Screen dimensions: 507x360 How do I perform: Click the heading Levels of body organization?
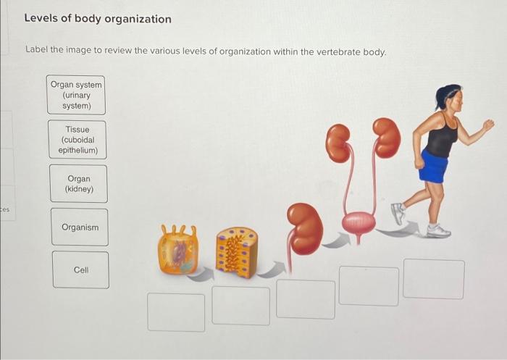pos(98,19)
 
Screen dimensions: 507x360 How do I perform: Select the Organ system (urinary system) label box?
pos(76,95)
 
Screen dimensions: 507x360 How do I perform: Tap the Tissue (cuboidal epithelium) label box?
pos(77,140)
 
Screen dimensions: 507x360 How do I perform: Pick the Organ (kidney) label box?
pos(78,184)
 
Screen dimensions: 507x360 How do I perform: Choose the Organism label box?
pos(80,227)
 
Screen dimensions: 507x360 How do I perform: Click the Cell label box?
pos(80,269)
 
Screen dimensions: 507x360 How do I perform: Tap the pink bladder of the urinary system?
pos(358,222)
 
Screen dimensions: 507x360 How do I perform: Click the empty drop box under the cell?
pos(176,311)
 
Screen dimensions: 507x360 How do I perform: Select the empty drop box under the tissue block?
pos(240,306)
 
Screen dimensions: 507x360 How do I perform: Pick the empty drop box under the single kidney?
pos(305,298)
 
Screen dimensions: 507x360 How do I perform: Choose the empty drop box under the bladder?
pos(369,286)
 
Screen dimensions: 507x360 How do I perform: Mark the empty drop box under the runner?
pos(433,279)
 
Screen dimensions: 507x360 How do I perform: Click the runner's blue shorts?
pos(433,167)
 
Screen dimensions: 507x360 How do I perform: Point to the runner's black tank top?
pos(440,137)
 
